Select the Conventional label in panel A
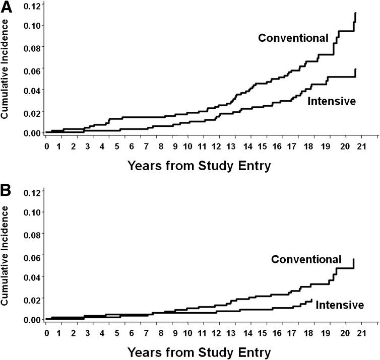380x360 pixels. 293,38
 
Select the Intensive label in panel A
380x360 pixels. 332,101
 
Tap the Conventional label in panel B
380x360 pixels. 306,259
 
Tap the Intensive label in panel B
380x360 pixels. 340,305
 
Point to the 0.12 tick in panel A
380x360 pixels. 29,4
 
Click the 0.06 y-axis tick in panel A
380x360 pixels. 29,68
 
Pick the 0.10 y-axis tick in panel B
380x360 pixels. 29,212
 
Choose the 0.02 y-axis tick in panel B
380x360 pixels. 29,298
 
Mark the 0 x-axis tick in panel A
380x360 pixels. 46,147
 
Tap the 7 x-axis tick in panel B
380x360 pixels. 146,333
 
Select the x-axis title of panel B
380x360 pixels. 199,351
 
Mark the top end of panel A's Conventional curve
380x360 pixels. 355,13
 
